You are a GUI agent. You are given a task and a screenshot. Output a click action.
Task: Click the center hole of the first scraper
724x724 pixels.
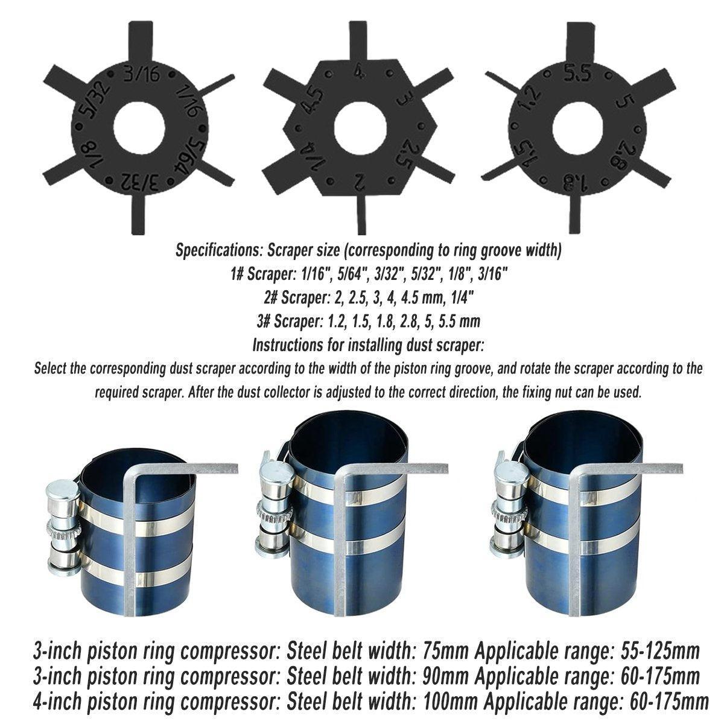139,127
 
